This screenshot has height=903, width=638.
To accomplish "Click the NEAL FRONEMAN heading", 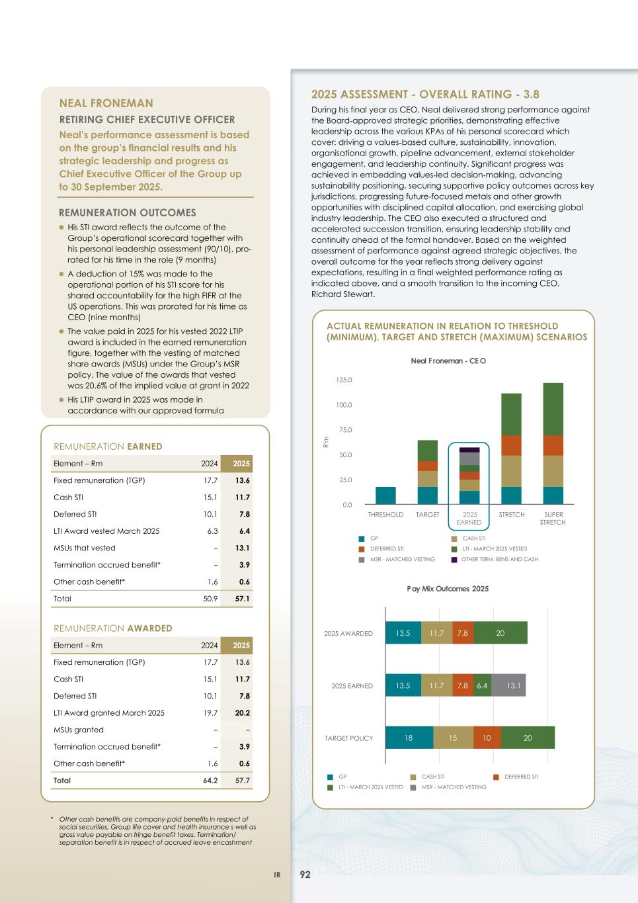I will tap(106, 103).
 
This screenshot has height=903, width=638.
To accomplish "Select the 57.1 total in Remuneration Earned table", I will tap(242, 599).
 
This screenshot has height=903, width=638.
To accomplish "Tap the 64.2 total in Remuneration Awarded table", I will tap(210, 781).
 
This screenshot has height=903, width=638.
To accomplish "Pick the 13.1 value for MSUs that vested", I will tap(242, 548).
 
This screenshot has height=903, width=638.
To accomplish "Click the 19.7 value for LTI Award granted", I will tap(210, 713).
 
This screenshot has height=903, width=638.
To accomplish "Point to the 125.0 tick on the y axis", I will tap(344, 380).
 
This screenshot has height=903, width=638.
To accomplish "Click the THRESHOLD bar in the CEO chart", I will tap(385, 495).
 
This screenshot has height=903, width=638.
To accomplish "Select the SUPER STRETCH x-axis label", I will tap(553, 518).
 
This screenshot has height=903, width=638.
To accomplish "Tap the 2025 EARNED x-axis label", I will tap(469, 518).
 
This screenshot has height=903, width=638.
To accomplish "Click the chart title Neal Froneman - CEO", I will tap(448, 361).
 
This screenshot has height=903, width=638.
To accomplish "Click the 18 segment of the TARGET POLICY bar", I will tap(409, 738).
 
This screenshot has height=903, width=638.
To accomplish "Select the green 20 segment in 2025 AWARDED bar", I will tap(500, 633).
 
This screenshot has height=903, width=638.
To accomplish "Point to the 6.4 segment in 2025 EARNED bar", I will tap(481, 686).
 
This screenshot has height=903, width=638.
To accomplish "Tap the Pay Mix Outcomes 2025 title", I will tap(448, 589).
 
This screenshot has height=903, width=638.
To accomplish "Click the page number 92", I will tap(305, 875).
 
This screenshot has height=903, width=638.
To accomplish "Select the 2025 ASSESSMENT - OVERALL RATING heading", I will tap(425, 95).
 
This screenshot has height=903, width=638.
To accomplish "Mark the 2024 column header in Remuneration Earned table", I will tap(210, 464).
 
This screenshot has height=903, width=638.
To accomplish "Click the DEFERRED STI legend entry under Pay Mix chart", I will tap(521, 777).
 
